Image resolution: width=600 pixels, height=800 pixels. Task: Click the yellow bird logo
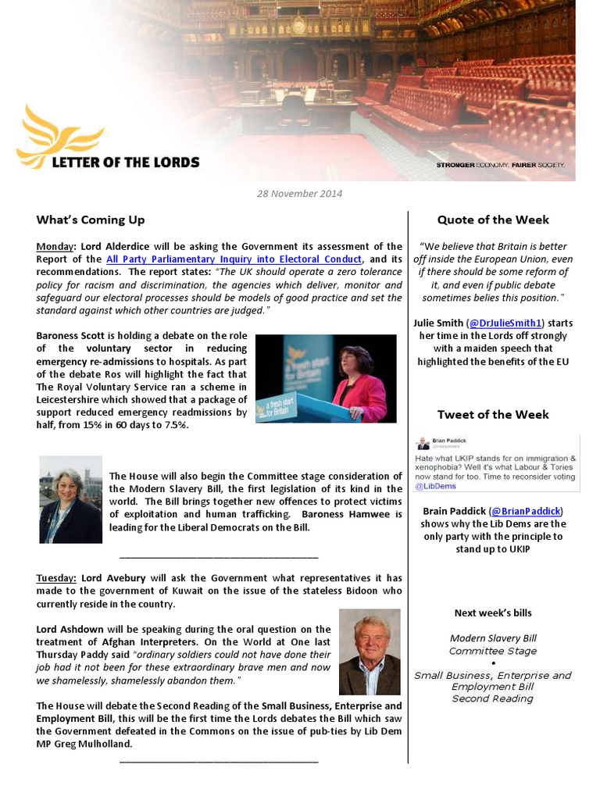(59, 136)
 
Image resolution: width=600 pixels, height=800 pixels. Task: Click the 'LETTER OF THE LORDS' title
(125, 162)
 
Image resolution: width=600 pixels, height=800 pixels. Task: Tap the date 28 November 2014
(300, 193)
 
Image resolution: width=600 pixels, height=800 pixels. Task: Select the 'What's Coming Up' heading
(90, 220)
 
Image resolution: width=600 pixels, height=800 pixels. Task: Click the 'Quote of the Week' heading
(493, 220)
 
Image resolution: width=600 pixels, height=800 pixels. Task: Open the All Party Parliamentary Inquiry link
(234, 259)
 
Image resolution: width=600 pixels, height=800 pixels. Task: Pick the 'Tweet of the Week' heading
(493, 414)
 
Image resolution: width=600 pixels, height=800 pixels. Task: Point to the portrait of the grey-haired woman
(70, 499)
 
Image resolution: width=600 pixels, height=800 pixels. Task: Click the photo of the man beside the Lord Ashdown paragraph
(370, 652)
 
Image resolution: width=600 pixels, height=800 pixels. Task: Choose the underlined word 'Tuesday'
(55, 578)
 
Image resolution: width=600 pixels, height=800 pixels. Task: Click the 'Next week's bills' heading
(493, 613)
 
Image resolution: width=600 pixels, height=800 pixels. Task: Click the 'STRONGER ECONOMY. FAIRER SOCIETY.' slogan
(500, 166)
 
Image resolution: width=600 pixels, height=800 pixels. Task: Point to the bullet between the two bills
(493, 663)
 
